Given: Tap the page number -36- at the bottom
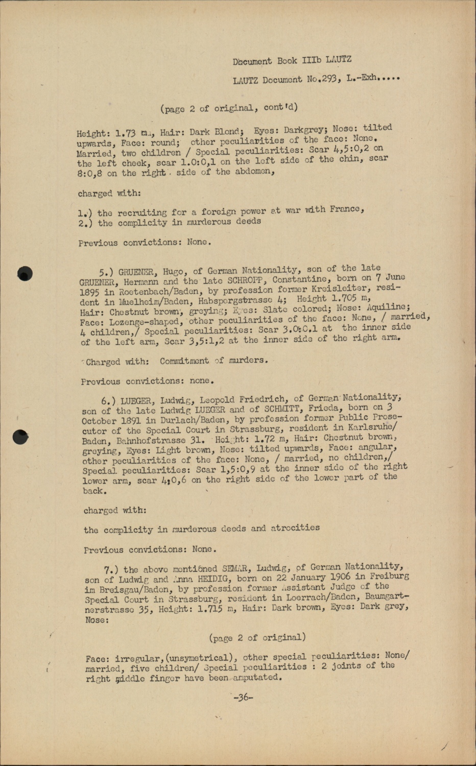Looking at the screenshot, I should (x=243, y=697).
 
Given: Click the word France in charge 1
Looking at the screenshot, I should (x=346, y=209).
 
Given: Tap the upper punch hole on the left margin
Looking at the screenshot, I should (x=24, y=273).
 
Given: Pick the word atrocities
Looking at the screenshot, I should (x=295, y=528).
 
